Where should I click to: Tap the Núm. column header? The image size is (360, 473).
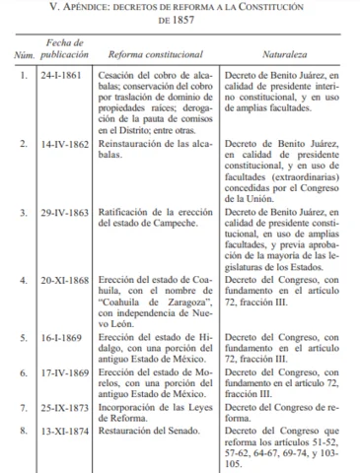23,75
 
